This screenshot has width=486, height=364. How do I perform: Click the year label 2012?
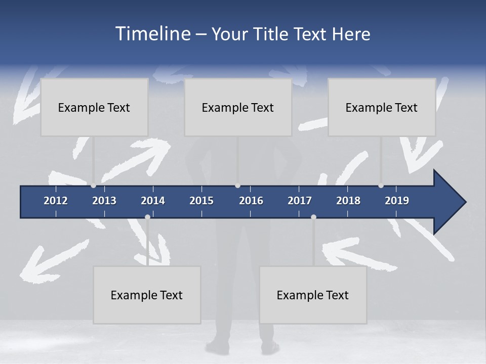point(56,201)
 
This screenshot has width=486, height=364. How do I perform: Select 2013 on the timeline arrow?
point(104,201)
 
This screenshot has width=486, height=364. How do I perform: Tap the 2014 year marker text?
point(153,201)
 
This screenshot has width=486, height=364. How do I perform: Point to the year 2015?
point(201,201)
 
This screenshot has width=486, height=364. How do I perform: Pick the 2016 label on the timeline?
point(251,201)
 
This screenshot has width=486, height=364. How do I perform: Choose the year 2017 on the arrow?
point(300,201)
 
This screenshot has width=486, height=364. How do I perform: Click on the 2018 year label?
point(348,201)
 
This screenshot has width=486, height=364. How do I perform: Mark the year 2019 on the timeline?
point(397,201)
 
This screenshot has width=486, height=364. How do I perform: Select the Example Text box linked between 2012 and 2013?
point(94,107)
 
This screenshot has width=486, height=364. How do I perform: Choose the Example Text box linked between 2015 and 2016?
point(238,107)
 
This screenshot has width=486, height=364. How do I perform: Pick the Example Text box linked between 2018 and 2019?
point(382,107)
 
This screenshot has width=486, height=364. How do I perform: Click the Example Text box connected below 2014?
point(147,295)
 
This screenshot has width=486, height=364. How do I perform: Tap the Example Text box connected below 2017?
point(313,295)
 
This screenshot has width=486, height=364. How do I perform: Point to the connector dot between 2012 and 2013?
point(93,186)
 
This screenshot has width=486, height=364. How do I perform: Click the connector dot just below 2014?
point(147,217)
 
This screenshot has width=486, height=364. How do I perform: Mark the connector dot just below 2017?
point(313,217)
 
